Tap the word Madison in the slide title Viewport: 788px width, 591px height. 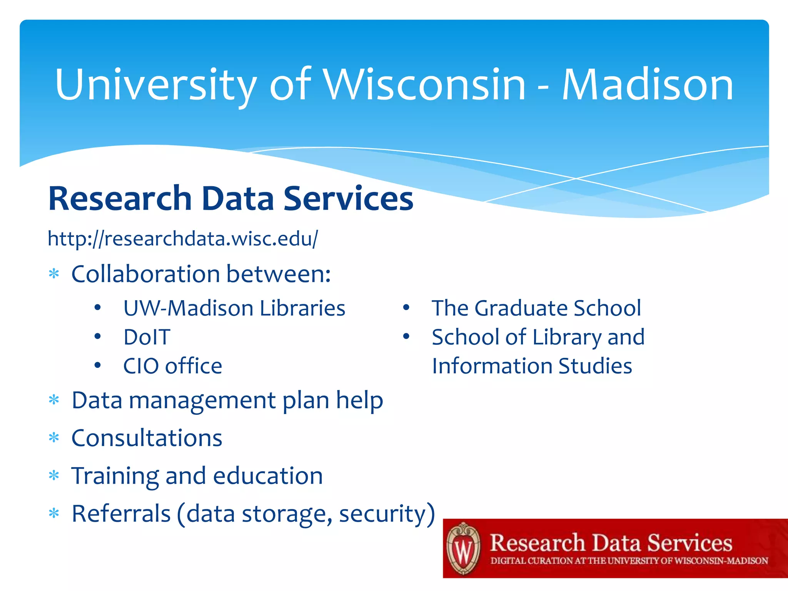648,85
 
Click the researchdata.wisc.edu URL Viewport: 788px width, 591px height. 183,239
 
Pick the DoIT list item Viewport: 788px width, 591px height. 147,337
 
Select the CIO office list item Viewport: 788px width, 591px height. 173,366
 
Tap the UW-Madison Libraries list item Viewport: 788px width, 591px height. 234,308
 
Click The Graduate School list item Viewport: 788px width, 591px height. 536,308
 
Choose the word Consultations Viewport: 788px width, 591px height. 147,438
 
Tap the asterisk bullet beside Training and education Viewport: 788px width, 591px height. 54,476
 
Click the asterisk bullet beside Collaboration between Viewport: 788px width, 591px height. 54,274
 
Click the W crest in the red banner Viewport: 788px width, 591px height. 464,549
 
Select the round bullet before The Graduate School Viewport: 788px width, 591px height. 406,308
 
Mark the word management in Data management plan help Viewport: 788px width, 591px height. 202,400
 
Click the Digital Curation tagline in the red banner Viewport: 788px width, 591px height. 629,561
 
